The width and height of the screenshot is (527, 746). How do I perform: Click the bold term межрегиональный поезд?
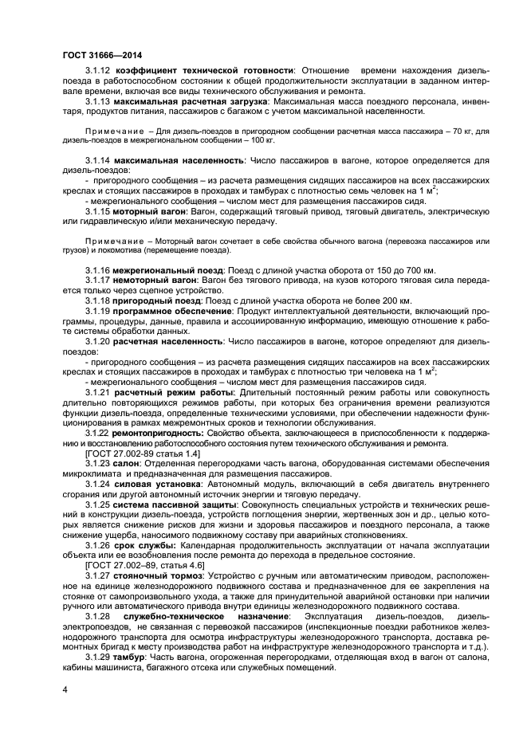(167, 272)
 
